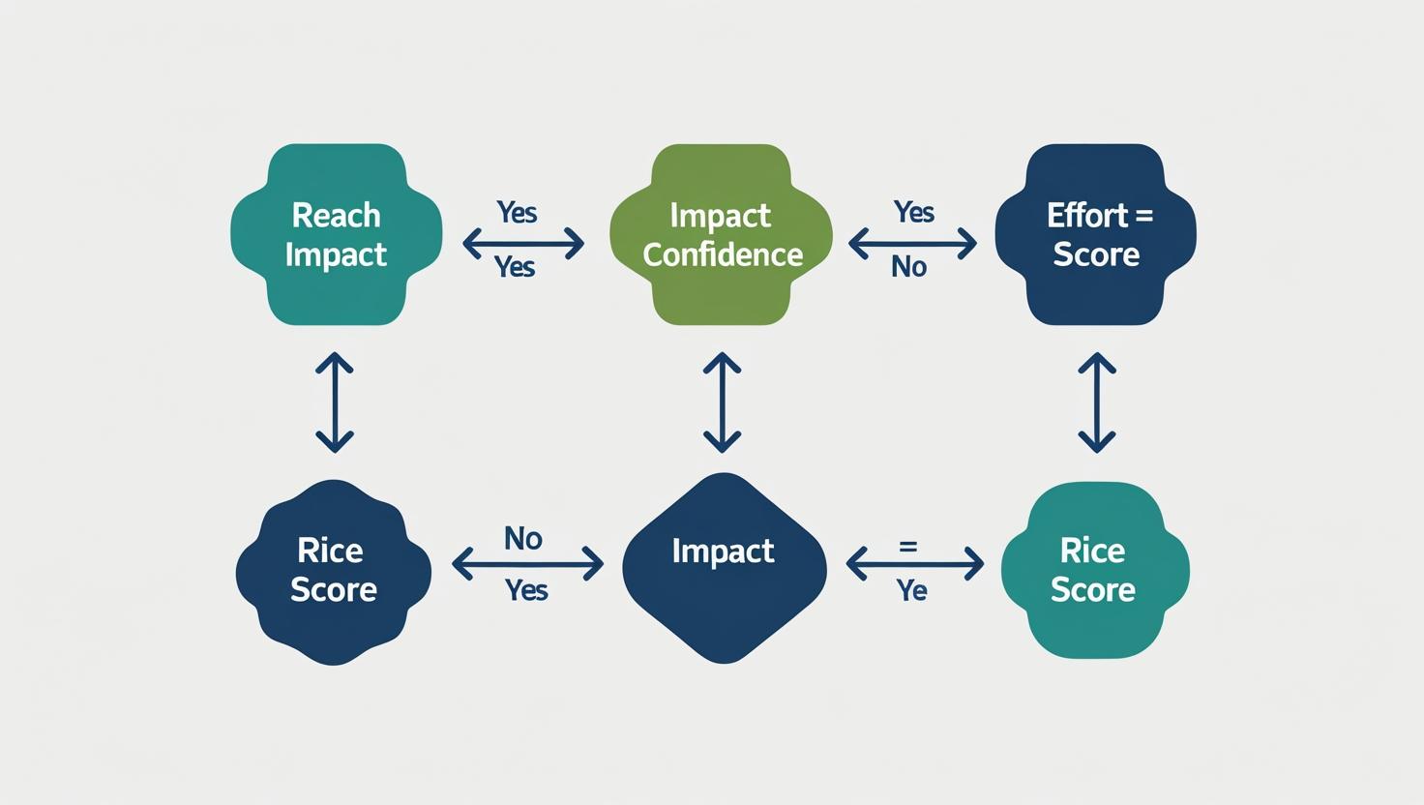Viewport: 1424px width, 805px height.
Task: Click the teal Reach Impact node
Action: click(x=336, y=234)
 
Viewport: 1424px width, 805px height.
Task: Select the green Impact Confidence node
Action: click(x=722, y=234)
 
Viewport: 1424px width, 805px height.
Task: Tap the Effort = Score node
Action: click(x=1095, y=234)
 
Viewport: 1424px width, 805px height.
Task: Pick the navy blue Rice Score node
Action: click(x=333, y=571)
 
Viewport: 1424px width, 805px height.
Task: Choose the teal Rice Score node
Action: click(x=1093, y=571)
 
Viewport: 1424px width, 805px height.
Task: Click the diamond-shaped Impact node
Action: click(x=724, y=568)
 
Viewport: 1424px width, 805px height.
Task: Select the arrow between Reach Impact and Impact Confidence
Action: click(x=523, y=243)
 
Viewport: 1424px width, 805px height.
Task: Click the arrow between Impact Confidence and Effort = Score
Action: click(x=912, y=243)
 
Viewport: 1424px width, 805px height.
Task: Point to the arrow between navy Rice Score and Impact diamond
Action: click(x=527, y=563)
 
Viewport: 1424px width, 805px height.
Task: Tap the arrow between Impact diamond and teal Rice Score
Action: click(x=914, y=562)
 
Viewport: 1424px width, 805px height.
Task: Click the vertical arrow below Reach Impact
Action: click(x=335, y=402)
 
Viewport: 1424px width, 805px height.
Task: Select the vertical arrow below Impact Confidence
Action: click(x=722, y=402)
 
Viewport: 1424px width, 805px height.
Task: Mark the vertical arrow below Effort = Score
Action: click(x=1097, y=402)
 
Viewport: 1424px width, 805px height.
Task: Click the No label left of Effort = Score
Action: click(x=909, y=267)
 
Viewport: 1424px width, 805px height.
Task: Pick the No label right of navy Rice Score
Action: click(x=523, y=538)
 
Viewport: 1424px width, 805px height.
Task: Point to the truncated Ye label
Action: click(x=911, y=590)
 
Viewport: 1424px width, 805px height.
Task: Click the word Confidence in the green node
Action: click(x=723, y=254)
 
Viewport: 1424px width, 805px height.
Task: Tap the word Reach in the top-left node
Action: click(x=336, y=215)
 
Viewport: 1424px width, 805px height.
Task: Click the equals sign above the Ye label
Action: click(x=907, y=546)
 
